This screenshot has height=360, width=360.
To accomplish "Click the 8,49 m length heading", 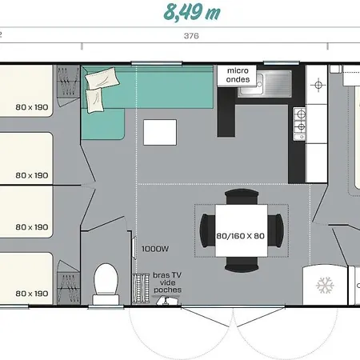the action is click(192, 12).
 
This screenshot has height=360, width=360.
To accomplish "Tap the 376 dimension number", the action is click(191, 36).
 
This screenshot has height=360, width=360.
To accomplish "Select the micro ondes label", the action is click(238, 75).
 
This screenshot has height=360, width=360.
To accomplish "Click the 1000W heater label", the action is click(155, 249).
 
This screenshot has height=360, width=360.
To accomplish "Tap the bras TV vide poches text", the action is click(167, 282).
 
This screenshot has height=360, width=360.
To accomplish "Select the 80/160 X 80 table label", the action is click(240, 236).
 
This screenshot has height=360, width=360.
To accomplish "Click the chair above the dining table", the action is click(242, 196).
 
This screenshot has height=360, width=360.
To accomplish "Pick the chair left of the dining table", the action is click(207, 230).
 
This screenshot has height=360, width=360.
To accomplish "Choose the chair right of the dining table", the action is click(276, 230).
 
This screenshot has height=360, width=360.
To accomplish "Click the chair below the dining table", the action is click(242, 265).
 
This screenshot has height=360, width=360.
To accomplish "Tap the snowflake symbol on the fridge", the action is click(325, 285).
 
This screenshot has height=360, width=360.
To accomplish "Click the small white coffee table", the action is click(160, 132).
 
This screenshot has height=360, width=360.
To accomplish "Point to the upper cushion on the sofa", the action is click(102, 78).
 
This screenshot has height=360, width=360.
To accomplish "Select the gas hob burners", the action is click(299, 124).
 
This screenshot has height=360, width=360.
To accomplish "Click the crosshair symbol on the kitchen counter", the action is click(318, 85).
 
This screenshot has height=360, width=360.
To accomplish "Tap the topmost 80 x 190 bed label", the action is click(32, 107).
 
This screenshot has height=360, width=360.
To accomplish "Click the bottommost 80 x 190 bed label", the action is click(32, 294).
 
